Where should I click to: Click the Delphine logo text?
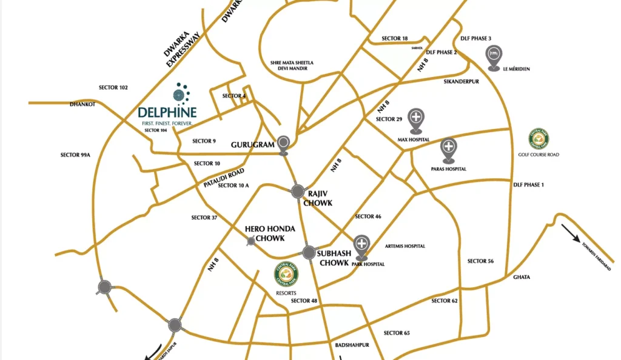167,112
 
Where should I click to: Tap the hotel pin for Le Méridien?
494,55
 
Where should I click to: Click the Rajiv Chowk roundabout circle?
298,192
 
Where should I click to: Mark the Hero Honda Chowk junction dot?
251,242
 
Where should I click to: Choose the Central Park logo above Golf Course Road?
539,139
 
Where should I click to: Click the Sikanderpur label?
462,81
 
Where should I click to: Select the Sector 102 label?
113,88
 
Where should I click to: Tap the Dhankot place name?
82,104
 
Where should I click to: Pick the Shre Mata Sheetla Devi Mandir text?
292,65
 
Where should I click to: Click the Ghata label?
522,277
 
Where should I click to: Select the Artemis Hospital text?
405,246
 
